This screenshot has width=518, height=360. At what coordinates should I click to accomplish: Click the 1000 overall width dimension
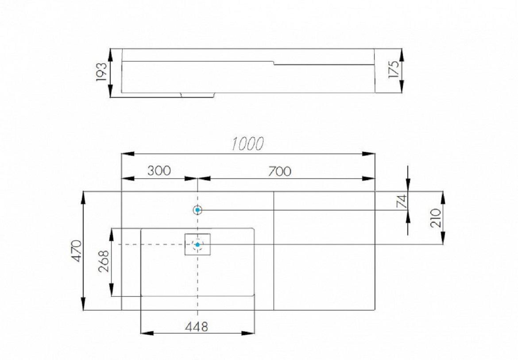[247, 144]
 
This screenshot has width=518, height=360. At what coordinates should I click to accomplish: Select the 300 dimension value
[159, 171]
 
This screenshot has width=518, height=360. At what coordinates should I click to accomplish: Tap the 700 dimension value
[280, 171]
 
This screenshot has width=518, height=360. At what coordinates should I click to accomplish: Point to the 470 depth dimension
[77, 251]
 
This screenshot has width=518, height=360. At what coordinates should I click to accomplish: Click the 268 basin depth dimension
[104, 261]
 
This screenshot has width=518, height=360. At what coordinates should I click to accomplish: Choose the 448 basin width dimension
[197, 327]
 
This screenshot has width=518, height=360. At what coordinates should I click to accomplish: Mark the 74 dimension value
[402, 201]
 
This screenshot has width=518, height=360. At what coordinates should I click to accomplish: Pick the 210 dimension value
[436, 218]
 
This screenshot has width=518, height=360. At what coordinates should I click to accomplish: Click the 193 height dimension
[101, 72]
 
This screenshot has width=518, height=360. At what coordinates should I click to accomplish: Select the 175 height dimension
[394, 69]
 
